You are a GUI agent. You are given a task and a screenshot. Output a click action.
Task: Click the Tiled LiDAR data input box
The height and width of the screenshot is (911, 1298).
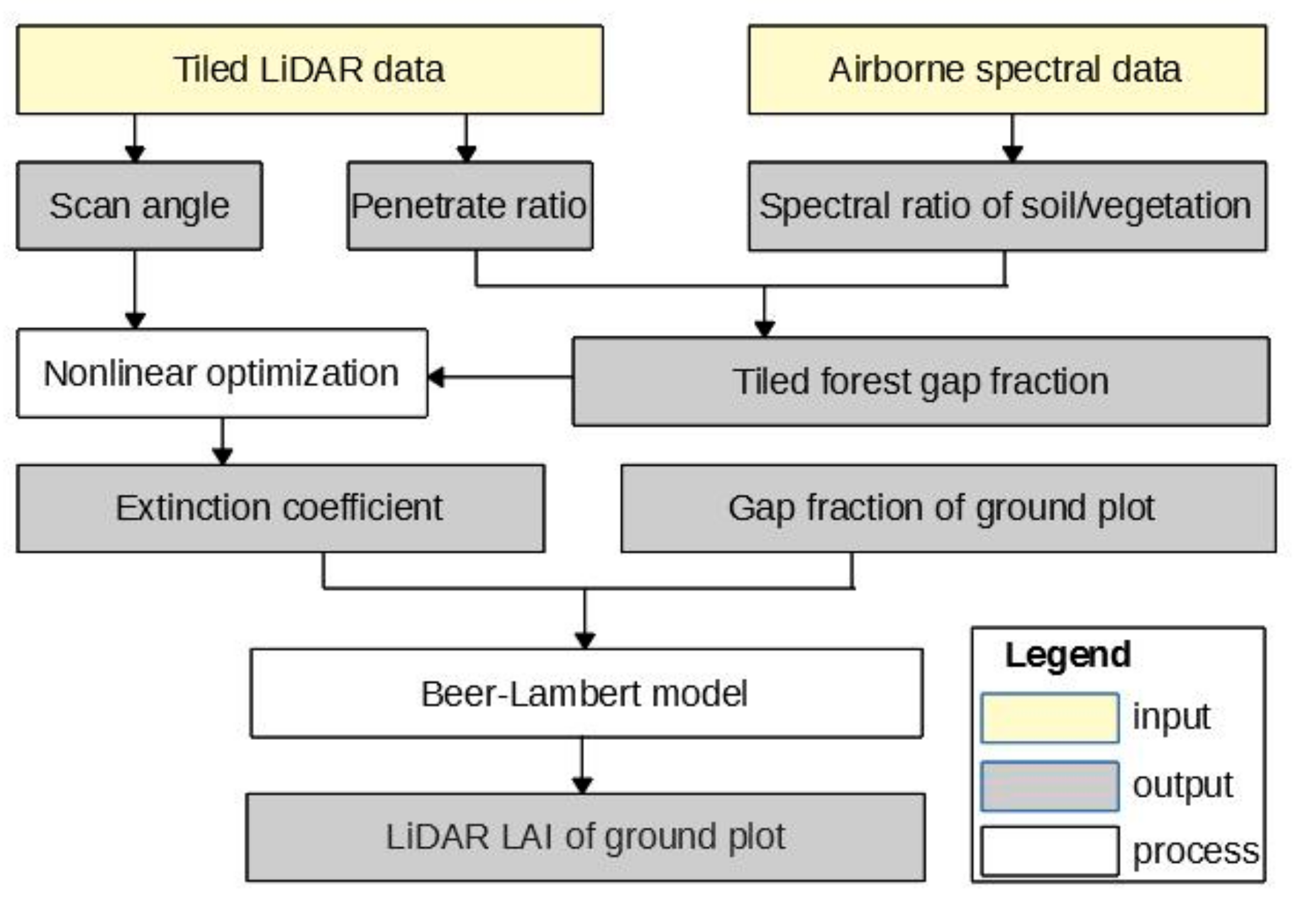coord(309,70)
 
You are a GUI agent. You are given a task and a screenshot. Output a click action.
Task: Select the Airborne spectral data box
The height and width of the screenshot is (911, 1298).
coord(1006,70)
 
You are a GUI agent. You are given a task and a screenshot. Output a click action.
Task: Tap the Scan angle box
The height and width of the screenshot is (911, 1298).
coord(139,206)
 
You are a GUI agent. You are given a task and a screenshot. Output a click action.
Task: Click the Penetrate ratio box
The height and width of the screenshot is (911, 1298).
coord(469,206)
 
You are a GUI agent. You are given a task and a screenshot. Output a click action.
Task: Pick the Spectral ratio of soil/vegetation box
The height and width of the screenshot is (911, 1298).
coord(1006,206)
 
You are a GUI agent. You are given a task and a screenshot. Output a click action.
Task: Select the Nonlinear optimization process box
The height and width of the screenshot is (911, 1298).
coord(221,373)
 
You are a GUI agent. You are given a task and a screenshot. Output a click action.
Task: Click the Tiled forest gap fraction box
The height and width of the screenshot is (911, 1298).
coord(920,382)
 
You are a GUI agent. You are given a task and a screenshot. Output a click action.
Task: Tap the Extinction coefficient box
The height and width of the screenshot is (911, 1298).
coord(280,508)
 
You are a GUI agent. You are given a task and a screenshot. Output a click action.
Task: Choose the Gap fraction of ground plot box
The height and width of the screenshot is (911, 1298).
coord(948,508)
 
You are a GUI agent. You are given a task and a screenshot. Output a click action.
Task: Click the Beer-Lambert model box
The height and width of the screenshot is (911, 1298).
coord(585,693)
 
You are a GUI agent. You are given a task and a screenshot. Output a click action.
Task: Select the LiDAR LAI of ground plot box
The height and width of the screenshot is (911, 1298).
coord(585,837)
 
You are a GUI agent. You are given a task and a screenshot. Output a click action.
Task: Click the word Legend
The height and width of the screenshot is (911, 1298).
coord(1067,654)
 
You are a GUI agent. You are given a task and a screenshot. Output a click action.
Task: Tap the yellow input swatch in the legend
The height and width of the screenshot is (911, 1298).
coord(1049,718)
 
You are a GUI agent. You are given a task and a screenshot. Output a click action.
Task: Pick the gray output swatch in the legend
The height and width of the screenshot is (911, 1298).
coord(1049,786)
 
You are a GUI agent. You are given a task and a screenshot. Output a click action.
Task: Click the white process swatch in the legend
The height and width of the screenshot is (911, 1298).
coord(1049,851)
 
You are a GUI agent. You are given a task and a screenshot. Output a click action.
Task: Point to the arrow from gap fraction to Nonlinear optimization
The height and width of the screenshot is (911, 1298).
coord(500,377)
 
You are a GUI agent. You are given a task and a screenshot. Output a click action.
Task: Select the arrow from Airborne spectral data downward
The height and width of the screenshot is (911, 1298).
coord(1012,138)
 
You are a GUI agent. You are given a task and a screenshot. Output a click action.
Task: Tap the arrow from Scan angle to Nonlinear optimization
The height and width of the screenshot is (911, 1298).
coord(135,289)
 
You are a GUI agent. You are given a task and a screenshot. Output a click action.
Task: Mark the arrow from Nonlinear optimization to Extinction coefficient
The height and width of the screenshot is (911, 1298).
coord(223,442)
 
